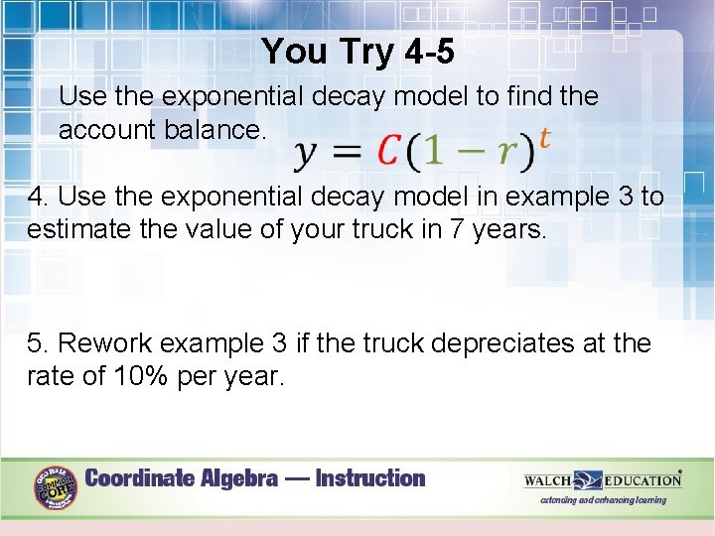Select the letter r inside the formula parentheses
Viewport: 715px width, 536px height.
click(507, 152)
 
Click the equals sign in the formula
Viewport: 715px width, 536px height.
click(347, 151)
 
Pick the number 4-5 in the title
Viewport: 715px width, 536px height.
click(433, 51)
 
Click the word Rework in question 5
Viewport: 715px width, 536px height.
click(104, 343)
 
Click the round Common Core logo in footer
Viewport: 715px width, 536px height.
click(56, 487)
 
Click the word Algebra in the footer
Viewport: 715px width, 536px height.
click(241, 478)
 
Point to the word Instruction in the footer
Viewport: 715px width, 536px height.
click(370, 478)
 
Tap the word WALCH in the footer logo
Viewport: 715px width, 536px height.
click(548, 480)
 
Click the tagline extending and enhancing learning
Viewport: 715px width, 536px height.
click(603, 500)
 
